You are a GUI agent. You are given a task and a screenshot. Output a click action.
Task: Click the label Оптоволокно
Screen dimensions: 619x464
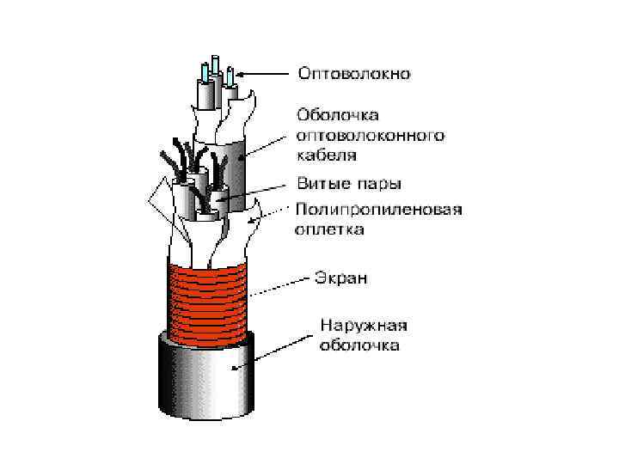[354, 73]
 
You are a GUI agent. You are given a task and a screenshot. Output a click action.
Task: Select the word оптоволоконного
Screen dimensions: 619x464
[370, 135]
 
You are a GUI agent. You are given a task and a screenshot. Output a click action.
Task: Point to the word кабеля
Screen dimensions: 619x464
[326, 156]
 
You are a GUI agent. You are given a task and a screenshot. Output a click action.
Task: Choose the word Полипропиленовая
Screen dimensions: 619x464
[379, 209]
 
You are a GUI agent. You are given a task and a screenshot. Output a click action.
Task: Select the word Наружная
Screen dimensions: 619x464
[363, 326]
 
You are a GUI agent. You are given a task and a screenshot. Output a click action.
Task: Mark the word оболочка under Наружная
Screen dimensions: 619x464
[359, 346]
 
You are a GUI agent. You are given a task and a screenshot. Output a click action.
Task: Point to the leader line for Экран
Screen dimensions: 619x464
[279, 286]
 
